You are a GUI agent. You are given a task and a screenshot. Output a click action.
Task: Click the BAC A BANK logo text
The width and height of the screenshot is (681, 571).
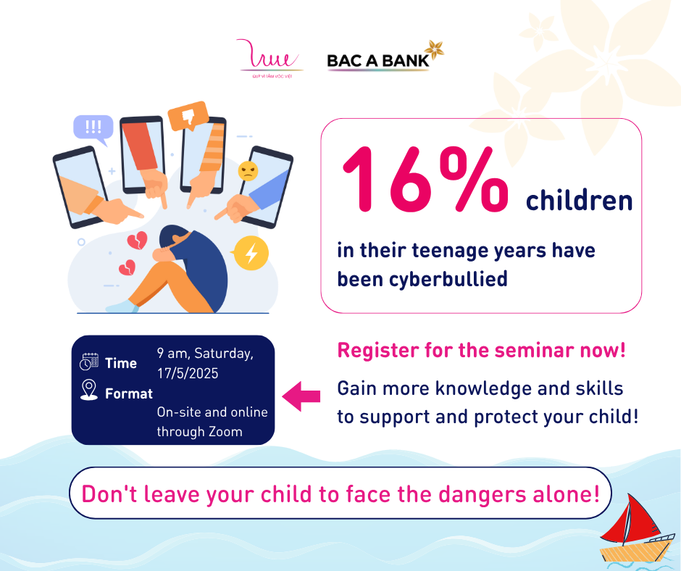point(378,61)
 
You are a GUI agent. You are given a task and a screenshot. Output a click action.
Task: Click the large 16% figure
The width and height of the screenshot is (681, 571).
point(426,179)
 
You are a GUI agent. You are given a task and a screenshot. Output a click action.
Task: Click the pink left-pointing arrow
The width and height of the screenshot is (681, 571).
point(301,396)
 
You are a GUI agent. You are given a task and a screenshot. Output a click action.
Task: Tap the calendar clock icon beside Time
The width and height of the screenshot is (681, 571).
point(89,362)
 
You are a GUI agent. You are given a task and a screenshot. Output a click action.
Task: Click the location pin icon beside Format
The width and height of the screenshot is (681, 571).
point(89,390)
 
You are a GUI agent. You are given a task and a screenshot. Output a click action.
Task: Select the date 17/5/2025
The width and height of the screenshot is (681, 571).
point(188,373)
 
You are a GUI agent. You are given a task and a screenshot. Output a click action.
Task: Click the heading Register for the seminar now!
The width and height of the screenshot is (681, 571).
point(481,350)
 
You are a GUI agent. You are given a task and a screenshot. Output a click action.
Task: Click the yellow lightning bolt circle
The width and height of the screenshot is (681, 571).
point(251,253)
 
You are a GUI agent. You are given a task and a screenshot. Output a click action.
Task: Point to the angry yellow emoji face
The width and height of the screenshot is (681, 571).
point(248,171)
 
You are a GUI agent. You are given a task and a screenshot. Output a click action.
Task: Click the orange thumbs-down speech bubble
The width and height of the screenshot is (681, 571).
point(188,116)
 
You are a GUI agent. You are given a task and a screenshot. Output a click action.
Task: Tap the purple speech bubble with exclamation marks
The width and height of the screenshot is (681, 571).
point(93,129)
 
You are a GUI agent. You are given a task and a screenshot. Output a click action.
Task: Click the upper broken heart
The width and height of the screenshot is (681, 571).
point(137,241)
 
